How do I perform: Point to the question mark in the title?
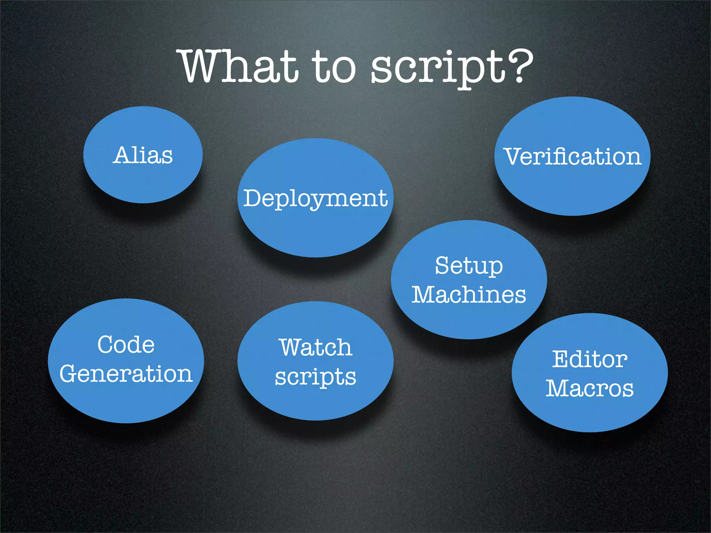[519, 66]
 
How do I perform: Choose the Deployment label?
[315, 198]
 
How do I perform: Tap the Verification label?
[572, 156]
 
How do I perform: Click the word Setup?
[469, 266]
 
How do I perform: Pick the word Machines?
[469, 295]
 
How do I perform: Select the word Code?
[126, 345]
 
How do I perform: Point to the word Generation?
[126, 374]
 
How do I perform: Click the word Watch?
[316, 347]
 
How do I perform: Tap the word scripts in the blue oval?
[316, 377]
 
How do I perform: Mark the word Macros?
[589, 388]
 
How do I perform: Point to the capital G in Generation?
[69, 374]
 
